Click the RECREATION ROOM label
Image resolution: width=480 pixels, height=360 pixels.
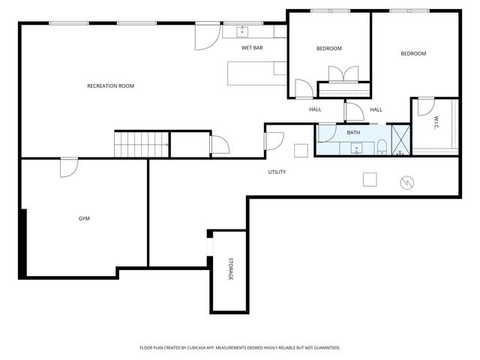[110, 86]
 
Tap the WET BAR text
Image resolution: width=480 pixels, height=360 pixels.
[252, 48]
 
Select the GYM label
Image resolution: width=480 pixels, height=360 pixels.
[84, 218]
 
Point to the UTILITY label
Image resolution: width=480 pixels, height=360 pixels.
[277, 172]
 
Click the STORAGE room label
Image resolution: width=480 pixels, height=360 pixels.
[231, 268]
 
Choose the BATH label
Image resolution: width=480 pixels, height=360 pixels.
[353, 133]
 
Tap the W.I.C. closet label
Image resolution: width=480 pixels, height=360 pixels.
[436, 122]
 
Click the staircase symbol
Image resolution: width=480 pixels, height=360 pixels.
[142, 145]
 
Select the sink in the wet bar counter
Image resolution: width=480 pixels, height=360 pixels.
[242, 31]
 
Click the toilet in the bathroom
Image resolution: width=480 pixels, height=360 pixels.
[382, 147]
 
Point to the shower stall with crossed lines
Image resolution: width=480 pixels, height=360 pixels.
[400, 140]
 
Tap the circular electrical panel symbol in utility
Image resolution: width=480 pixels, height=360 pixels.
[406, 183]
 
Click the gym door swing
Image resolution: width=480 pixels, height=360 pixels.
[69, 167]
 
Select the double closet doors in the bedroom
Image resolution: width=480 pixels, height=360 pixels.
[343, 74]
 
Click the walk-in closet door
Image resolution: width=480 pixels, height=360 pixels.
[426, 106]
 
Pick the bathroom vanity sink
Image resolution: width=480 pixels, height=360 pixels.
[357, 148]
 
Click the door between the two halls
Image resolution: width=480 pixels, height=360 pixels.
[354, 112]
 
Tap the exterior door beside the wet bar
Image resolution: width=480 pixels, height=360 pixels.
[208, 37]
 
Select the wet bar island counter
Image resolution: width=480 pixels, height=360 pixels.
[257, 73]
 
